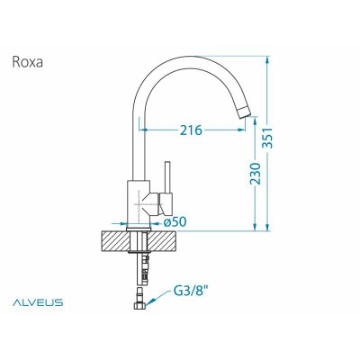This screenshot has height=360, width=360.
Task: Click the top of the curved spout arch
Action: (x=193, y=53)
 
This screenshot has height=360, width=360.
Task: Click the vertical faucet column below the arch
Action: (x=138, y=144)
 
